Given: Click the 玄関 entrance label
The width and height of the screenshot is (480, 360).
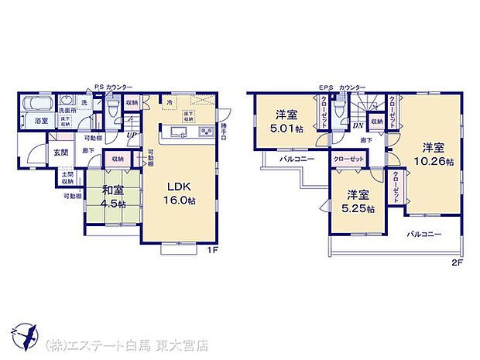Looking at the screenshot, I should [60, 152].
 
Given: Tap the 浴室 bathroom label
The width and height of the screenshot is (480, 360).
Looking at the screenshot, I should [39, 122].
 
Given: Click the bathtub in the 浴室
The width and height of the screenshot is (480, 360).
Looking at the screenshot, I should [36, 104].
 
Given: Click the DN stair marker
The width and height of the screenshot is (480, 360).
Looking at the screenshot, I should [358, 125].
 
